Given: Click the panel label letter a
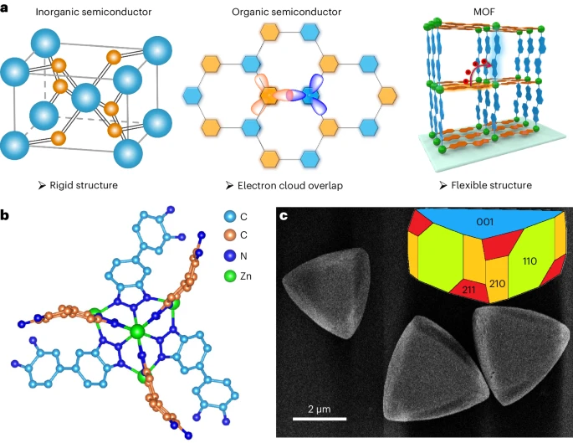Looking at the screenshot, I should [x=8, y=9].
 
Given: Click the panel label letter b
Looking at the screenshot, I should [x=8, y=216].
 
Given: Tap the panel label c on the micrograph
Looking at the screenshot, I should [x=284, y=217].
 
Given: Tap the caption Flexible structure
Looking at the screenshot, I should [x=485, y=184].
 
